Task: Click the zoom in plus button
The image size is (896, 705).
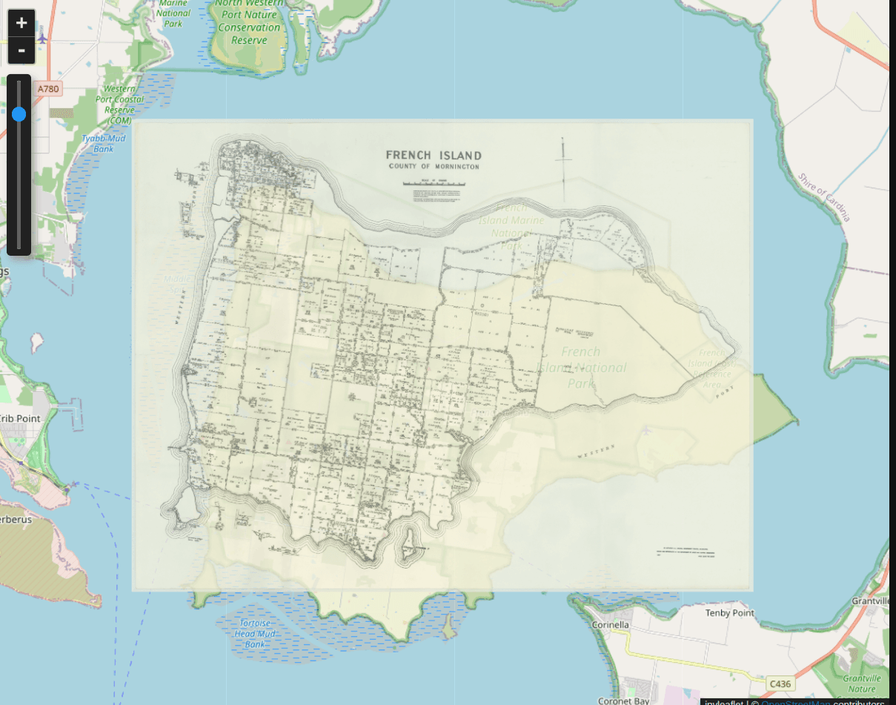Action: click(x=21, y=23)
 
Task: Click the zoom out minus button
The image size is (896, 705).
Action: click(x=21, y=50)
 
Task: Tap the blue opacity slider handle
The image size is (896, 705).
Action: click(x=19, y=113)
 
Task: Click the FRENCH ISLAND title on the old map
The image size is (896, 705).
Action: click(x=434, y=156)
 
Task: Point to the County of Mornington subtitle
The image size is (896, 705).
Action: click(x=434, y=167)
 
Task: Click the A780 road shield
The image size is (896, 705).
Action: click(x=48, y=89)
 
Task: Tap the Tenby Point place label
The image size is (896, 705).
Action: click(x=730, y=613)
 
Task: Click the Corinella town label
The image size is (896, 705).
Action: click(x=611, y=625)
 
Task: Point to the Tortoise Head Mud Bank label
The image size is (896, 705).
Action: click(x=255, y=634)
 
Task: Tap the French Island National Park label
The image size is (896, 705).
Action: click(x=583, y=367)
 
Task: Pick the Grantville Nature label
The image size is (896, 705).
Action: click(x=862, y=684)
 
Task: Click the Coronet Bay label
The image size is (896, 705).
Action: click(x=624, y=701)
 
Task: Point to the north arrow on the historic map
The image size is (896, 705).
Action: click(x=564, y=169)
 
